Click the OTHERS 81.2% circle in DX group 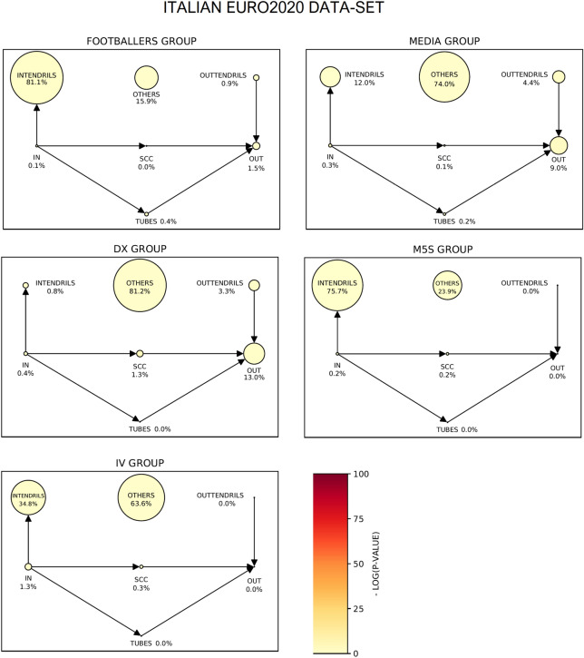tap(140, 285)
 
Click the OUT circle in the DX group tap(254, 354)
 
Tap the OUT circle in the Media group tap(559, 144)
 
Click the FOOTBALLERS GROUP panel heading tap(141, 41)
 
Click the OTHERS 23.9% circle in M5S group tap(447, 285)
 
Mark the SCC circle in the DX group tap(140, 353)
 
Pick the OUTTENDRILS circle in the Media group tap(560, 78)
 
